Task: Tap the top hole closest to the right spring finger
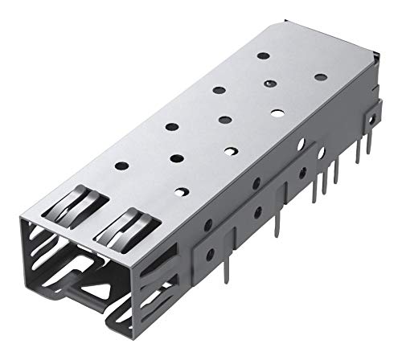182,191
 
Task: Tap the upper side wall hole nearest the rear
301,147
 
